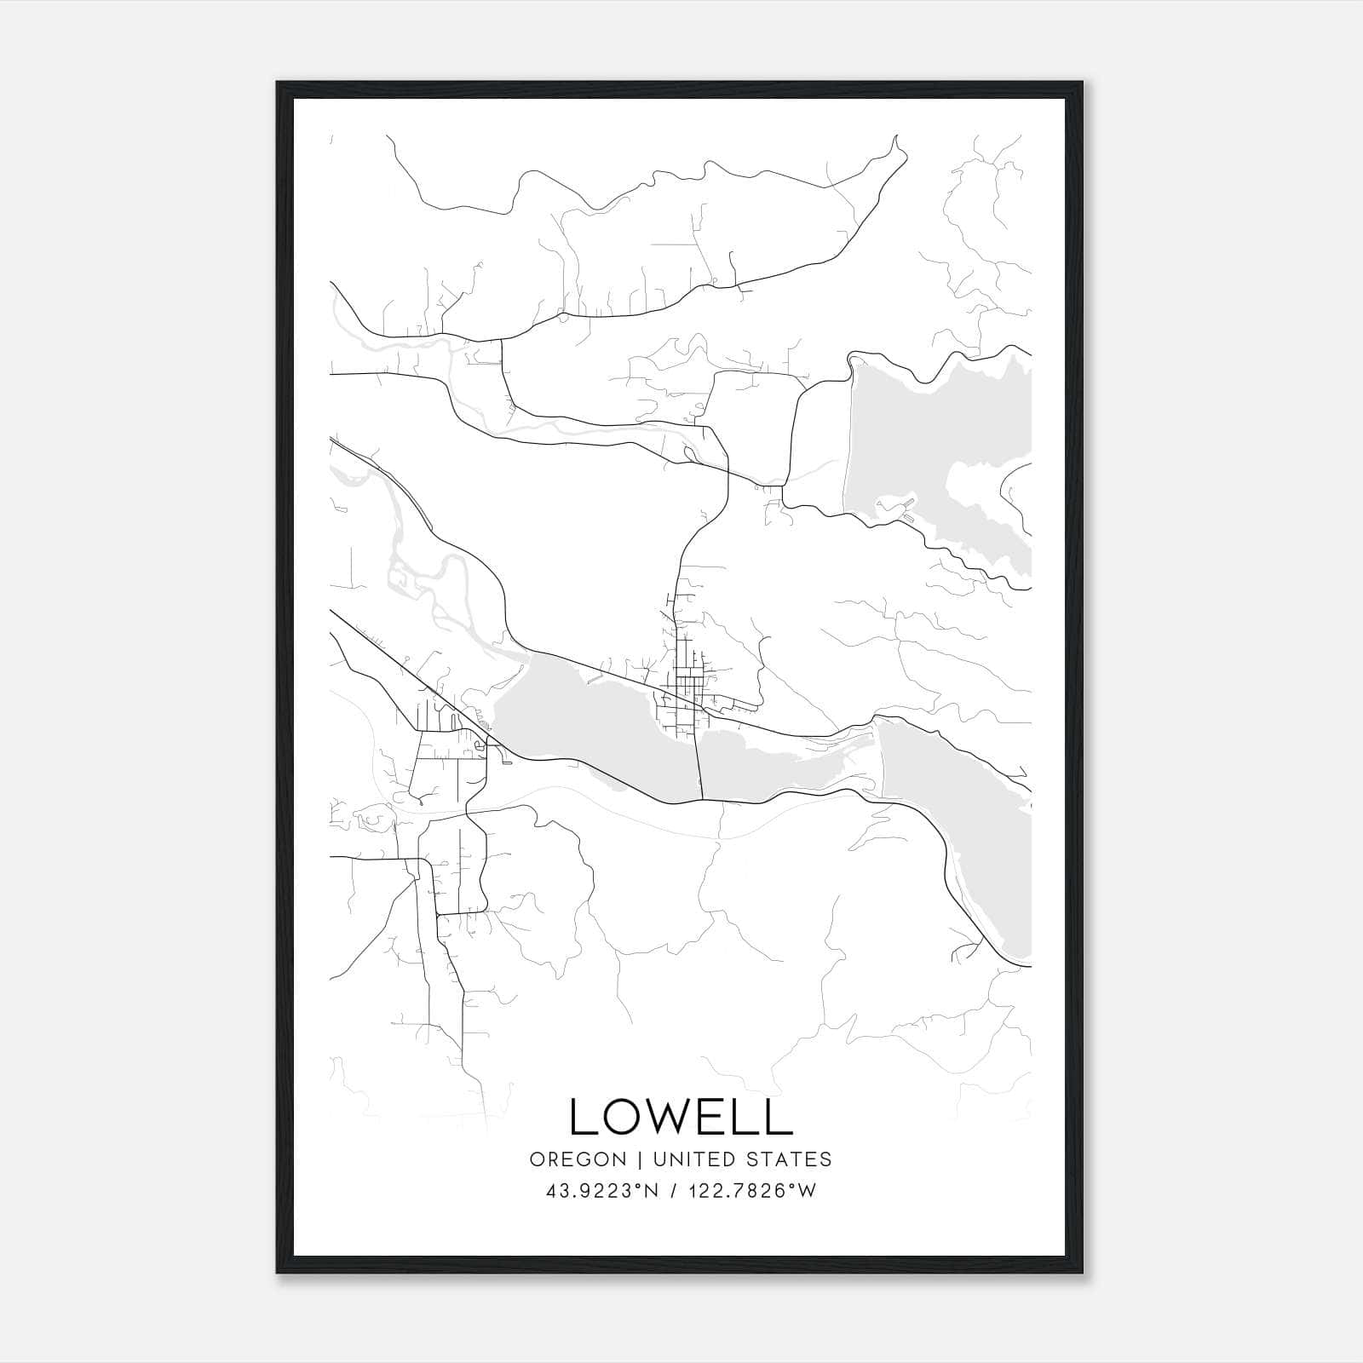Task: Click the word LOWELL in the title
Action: pos(681,1116)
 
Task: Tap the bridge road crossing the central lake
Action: pos(699,758)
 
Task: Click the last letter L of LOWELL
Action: pos(781,1116)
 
